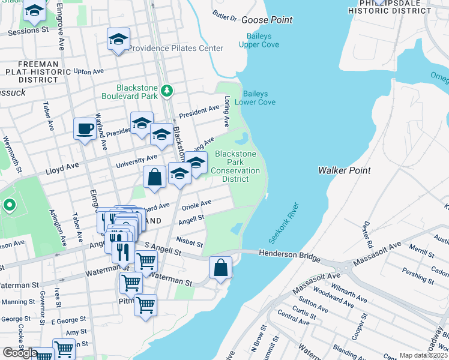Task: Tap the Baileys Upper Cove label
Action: pos(259,40)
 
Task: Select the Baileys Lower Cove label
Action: pos(259,98)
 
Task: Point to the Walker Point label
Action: pos(343,170)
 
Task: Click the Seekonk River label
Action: pos(284,223)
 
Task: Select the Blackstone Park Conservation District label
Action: pos(235,166)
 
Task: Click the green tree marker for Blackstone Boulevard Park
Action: pos(167,92)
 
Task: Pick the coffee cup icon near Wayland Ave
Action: pos(85,128)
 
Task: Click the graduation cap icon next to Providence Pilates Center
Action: pos(118,40)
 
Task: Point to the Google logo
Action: pos(20,353)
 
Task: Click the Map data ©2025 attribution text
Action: pos(423,355)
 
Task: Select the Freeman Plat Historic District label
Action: pos(38,71)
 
